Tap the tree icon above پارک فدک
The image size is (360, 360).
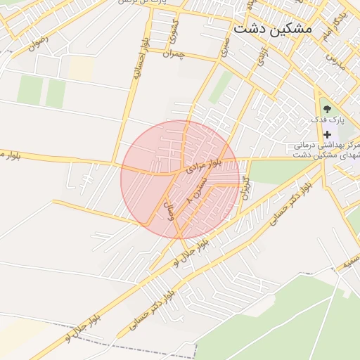[x=327, y=108]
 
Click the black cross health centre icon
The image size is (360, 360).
[x=327, y=134]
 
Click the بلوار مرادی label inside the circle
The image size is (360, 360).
[x=204, y=166]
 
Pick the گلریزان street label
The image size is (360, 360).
[x=247, y=186]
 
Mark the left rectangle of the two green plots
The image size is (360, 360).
[x=30, y=89]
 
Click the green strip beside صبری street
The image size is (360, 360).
[x=221, y=87]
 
